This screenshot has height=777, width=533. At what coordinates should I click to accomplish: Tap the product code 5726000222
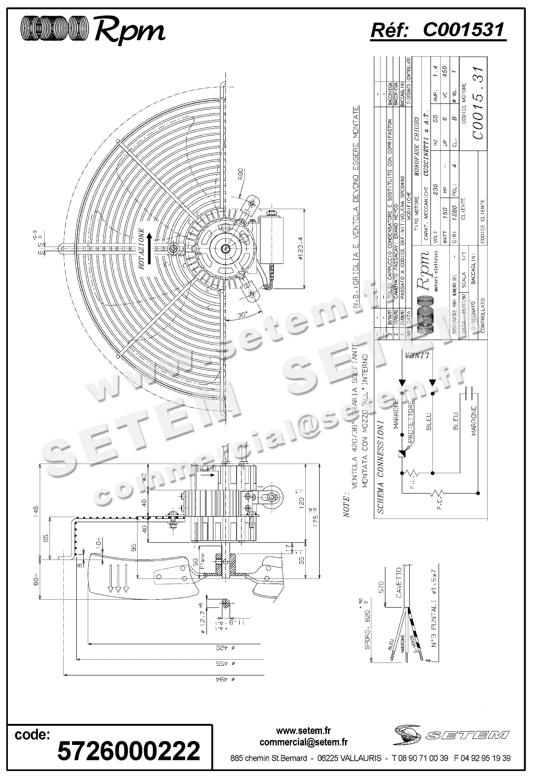[x=128, y=751]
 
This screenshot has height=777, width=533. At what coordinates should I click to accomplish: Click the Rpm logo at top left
[x=93, y=30]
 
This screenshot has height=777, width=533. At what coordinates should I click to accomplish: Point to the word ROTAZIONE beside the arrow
[x=142, y=249]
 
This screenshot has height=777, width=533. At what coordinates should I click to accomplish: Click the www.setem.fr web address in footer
[x=303, y=731]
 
